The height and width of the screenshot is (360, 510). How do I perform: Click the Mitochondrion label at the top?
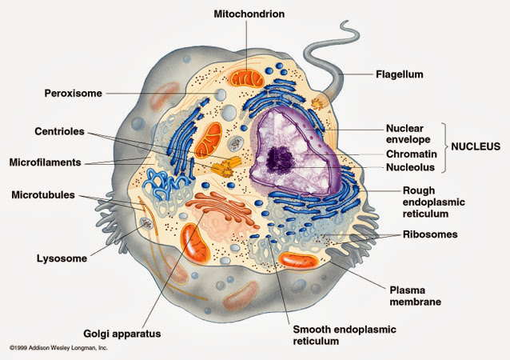[249, 14]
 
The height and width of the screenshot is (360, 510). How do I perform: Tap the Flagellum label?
[400, 74]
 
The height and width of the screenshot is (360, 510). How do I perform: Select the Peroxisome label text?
[74, 94]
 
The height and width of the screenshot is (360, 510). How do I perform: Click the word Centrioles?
[59, 131]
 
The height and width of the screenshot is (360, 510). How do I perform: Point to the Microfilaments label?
[46, 162]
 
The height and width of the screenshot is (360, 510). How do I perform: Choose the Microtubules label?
[43, 195]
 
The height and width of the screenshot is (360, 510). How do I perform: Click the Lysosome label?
[62, 258]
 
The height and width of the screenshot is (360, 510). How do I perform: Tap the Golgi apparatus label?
[122, 334]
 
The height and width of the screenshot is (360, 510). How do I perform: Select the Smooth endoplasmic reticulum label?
[345, 335]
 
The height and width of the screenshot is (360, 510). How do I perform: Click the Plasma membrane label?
[416, 296]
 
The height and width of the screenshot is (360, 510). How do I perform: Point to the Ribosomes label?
[430, 234]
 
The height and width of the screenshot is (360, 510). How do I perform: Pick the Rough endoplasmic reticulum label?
[433, 202]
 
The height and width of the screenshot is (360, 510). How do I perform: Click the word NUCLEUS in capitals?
[476, 146]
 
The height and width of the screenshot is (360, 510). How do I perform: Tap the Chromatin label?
[412, 154]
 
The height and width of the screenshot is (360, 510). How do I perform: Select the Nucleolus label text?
[410, 167]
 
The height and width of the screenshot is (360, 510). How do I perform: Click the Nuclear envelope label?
[408, 134]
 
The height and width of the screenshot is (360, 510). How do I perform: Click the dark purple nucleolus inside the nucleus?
[280, 159]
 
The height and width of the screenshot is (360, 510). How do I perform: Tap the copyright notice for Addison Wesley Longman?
[58, 348]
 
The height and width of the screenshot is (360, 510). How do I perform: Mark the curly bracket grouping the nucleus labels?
[444, 147]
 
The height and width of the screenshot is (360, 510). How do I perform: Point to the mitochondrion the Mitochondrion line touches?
[247, 78]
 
